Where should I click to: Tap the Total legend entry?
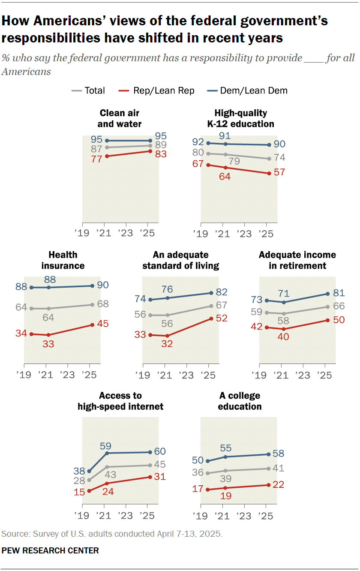pyautogui.click(x=89, y=90)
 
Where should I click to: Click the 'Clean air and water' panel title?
pyautogui.click(x=120, y=119)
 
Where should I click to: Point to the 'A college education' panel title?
pyautogui.click(x=240, y=401)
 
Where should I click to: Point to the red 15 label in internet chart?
pyautogui.click(x=79, y=492)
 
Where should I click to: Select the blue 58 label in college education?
pyautogui.click(x=279, y=454)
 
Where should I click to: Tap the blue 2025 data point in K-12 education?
pyautogui.click(x=269, y=145)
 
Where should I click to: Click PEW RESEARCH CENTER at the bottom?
pyautogui.click(x=50, y=550)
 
